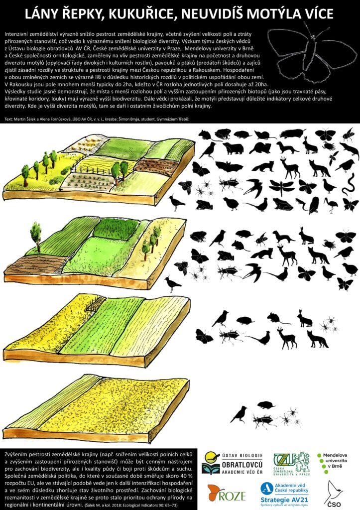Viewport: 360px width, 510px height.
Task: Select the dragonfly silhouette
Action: click(x=281, y=188)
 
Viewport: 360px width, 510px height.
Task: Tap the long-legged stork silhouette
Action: click(x=332, y=205)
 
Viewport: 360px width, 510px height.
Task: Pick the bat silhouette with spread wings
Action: click(x=229, y=167)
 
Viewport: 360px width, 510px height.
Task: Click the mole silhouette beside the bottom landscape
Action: click(x=266, y=405)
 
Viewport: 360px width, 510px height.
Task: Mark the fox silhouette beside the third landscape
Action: click(x=317, y=339)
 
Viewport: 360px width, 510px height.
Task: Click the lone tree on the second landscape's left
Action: click(x=36, y=236)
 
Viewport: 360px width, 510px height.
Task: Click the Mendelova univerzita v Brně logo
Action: click(x=332, y=461)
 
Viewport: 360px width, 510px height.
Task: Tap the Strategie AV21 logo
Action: click(x=284, y=494)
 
